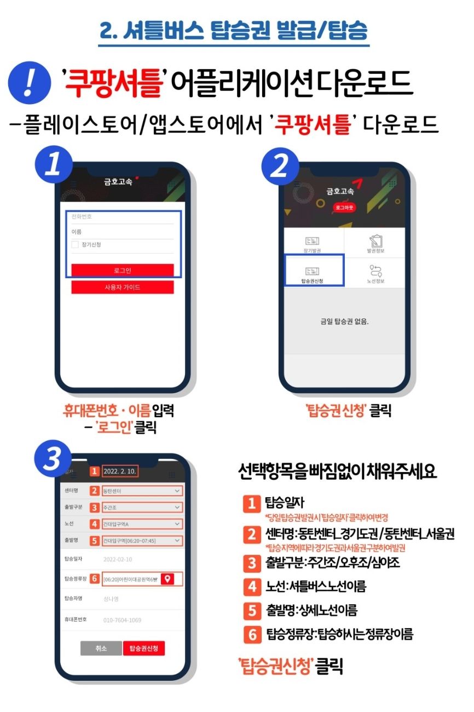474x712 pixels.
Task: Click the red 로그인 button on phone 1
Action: coord(122,271)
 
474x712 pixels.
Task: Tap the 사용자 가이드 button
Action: coord(122,288)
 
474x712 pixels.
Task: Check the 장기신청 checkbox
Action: coord(75,245)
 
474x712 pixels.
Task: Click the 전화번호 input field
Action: coord(122,217)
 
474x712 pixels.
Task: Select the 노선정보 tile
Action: coord(375,273)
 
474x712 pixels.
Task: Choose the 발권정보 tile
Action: coord(375,243)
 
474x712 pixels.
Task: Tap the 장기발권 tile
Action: coord(313,243)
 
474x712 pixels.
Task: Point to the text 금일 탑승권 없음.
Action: coord(344,321)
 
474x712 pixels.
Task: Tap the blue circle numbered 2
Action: coord(281,166)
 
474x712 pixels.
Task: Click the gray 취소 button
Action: coord(101,648)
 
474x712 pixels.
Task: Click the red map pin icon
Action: coord(169,579)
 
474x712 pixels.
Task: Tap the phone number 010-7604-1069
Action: coord(122,620)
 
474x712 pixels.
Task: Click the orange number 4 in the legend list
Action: coord(252,587)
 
